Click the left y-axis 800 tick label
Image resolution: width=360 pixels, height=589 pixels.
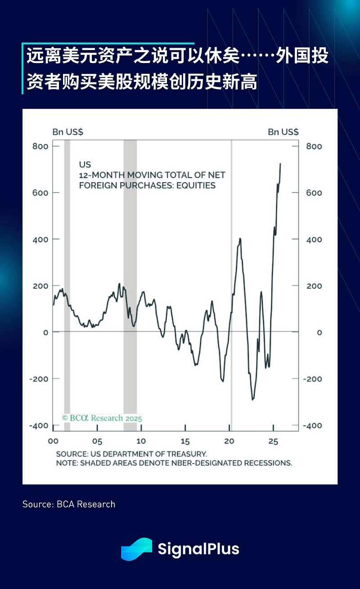tap(40, 146)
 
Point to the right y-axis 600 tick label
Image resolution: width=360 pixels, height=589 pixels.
tap(314, 193)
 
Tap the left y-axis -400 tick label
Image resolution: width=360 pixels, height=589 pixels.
tap(38, 426)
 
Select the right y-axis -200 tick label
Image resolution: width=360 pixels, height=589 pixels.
tap(313, 379)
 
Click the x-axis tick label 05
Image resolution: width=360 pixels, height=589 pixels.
tap(97, 441)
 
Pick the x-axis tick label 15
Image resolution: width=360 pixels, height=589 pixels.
tap(185, 441)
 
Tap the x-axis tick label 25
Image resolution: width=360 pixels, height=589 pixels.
tap(273, 441)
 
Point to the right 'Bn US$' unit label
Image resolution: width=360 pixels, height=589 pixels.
tap(283, 132)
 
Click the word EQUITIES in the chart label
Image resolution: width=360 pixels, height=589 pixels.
tap(196, 185)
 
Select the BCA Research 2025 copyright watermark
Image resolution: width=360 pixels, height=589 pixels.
tap(102, 418)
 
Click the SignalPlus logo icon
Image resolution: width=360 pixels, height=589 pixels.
tap(136, 549)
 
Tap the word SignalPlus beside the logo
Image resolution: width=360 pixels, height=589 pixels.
tap(198, 549)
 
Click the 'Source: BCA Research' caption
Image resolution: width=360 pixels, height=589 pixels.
tap(69, 504)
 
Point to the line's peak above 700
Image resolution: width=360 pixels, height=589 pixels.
tap(280, 164)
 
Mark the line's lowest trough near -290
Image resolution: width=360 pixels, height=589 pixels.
tap(252, 399)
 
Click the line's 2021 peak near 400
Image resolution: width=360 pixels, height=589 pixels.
tap(240, 238)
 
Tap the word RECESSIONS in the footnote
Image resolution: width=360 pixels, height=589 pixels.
tap(267, 463)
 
